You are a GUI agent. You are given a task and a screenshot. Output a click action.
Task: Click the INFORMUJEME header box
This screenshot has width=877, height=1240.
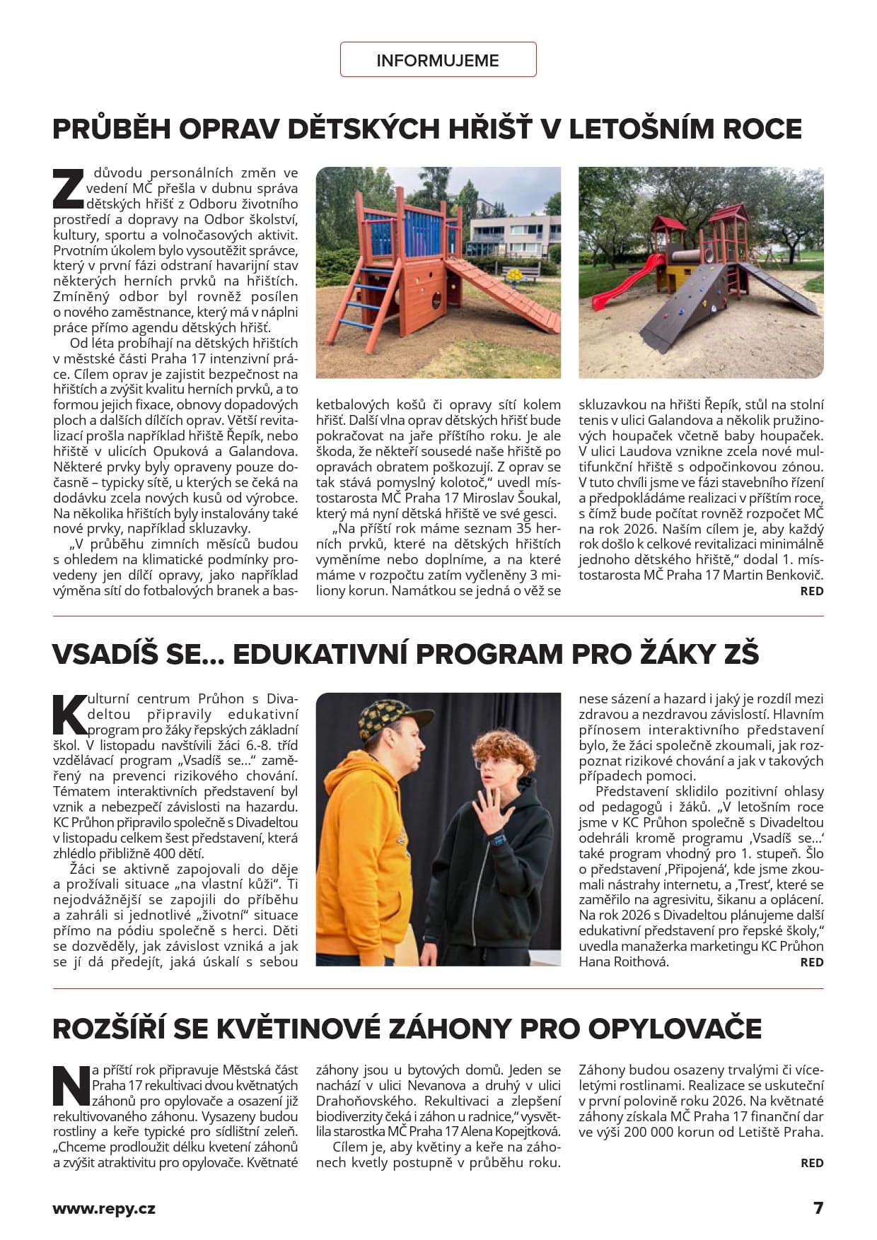pyautogui.click(x=438, y=60)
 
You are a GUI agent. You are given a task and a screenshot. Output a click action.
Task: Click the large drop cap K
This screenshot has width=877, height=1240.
pyautogui.click(x=69, y=714)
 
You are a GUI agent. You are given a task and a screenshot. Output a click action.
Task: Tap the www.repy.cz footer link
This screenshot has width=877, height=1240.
pyautogui.click(x=104, y=1208)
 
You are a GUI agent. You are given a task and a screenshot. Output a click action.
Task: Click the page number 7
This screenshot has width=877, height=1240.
pyautogui.click(x=818, y=1208)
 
